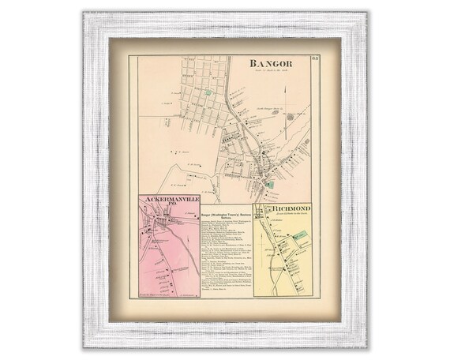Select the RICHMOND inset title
[284, 208]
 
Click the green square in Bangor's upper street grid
[208, 92]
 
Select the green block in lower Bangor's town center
[270, 184]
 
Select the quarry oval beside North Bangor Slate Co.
[290, 117]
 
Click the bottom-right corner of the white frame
[368, 348]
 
